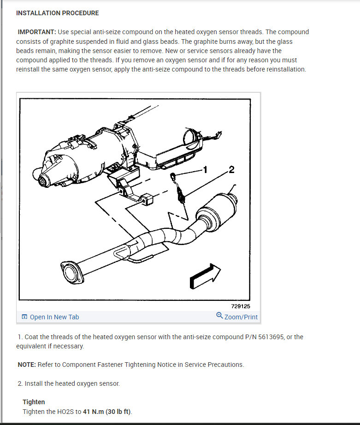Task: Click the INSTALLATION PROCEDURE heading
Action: [x=57, y=13]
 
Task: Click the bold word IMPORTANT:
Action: [x=37, y=32]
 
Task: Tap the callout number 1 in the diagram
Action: [x=205, y=170]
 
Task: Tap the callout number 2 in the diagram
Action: [x=231, y=170]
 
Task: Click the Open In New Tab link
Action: [x=54, y=317]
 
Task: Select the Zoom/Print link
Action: [x=241, y=317]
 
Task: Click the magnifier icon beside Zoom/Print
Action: [x=219, y=316]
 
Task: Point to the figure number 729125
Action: [x=241, y=306]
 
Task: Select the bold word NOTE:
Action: [x=27, y=365]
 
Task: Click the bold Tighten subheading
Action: [x=34, y=402]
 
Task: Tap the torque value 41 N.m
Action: [x=94, y=412]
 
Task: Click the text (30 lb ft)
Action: [x=118, y=412]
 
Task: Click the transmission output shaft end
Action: [x=42, y=181]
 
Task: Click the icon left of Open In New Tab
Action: [x=24, y=317]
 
